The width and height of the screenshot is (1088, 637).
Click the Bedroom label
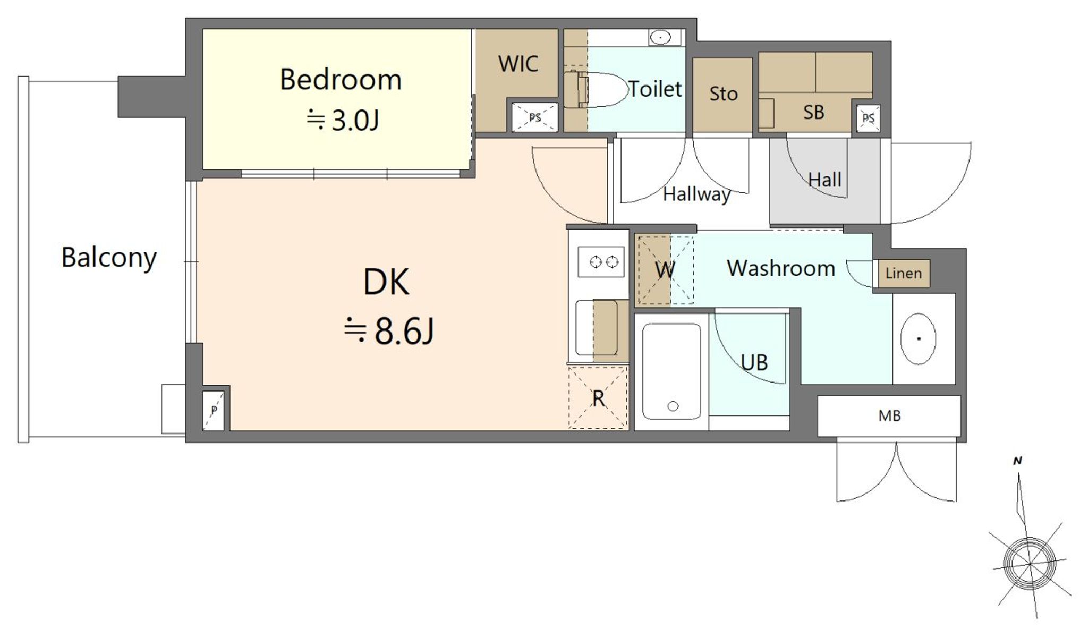341,80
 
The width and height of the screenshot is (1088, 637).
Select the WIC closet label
518,64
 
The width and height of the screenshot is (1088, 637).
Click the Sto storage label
723,94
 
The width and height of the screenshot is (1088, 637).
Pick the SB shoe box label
813,112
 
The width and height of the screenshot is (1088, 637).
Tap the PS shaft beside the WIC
535,117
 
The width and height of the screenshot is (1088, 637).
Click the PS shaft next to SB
868,118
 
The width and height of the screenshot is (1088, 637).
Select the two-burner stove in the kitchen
600,261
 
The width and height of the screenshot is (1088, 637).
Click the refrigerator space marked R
598,397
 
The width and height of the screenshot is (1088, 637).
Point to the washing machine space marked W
665,270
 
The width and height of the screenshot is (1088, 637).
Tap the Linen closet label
903,273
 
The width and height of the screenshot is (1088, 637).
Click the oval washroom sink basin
918,339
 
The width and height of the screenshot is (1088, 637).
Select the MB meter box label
889,415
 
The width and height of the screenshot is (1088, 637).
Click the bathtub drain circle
673,406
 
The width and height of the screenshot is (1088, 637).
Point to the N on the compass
1017,461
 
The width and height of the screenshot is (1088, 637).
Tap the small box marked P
214,410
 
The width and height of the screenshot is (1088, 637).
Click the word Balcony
109,258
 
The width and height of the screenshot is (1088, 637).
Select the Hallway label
696,194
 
